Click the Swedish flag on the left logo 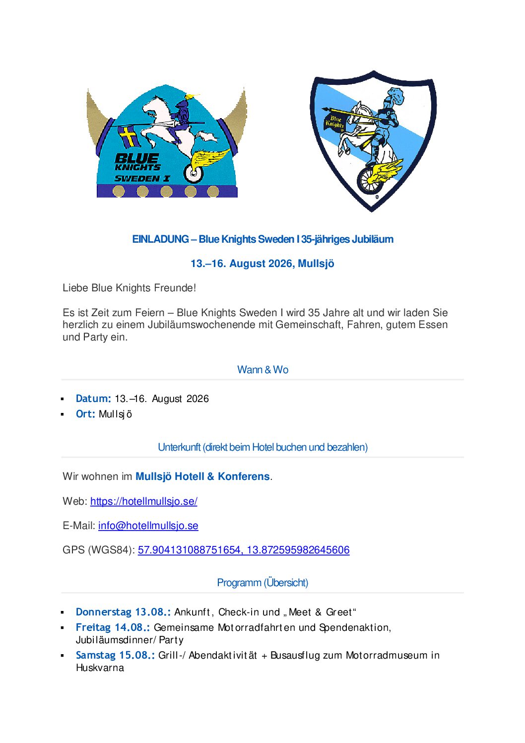point(129,136)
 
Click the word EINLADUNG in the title point(160,239)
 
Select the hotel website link point(144,501)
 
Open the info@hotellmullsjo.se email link point(148,526)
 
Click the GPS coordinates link point(244,550)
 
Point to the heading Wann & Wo point(262,370)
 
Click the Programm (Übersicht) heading point(262,583)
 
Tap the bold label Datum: point(93,399)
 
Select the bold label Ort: point(85,414)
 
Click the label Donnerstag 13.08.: point(123,612)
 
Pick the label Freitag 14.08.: point(113,627)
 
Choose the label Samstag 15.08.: point(115,655)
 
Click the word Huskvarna point(100,668)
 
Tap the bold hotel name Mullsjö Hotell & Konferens point(202,476)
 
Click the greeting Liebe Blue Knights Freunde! point(129,288)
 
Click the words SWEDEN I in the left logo point(142,179)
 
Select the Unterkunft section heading point(262,447)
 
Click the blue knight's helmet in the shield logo point(396,94)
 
